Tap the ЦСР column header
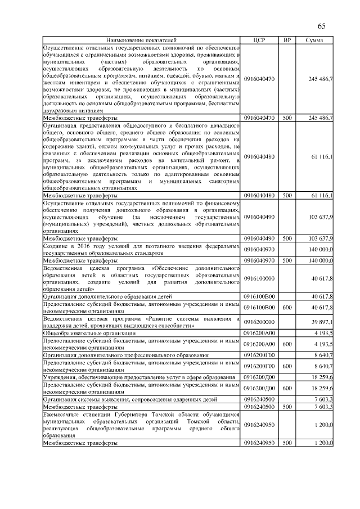[x=259, y=40]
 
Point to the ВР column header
[x=287, y=40]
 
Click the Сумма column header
[x=314, y=40]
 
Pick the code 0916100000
[x=259, y=278]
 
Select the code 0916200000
[x=259, y=321]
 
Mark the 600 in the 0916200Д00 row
[x=287, y=388]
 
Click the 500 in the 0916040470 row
[x=287, y=118]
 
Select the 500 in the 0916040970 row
[x=287, y=260]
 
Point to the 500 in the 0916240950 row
[x=287, y=443]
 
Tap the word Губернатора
[x=127, y=414]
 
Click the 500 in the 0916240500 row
[x=287, y=406]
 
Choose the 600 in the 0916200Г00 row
[x=287, y=366]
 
